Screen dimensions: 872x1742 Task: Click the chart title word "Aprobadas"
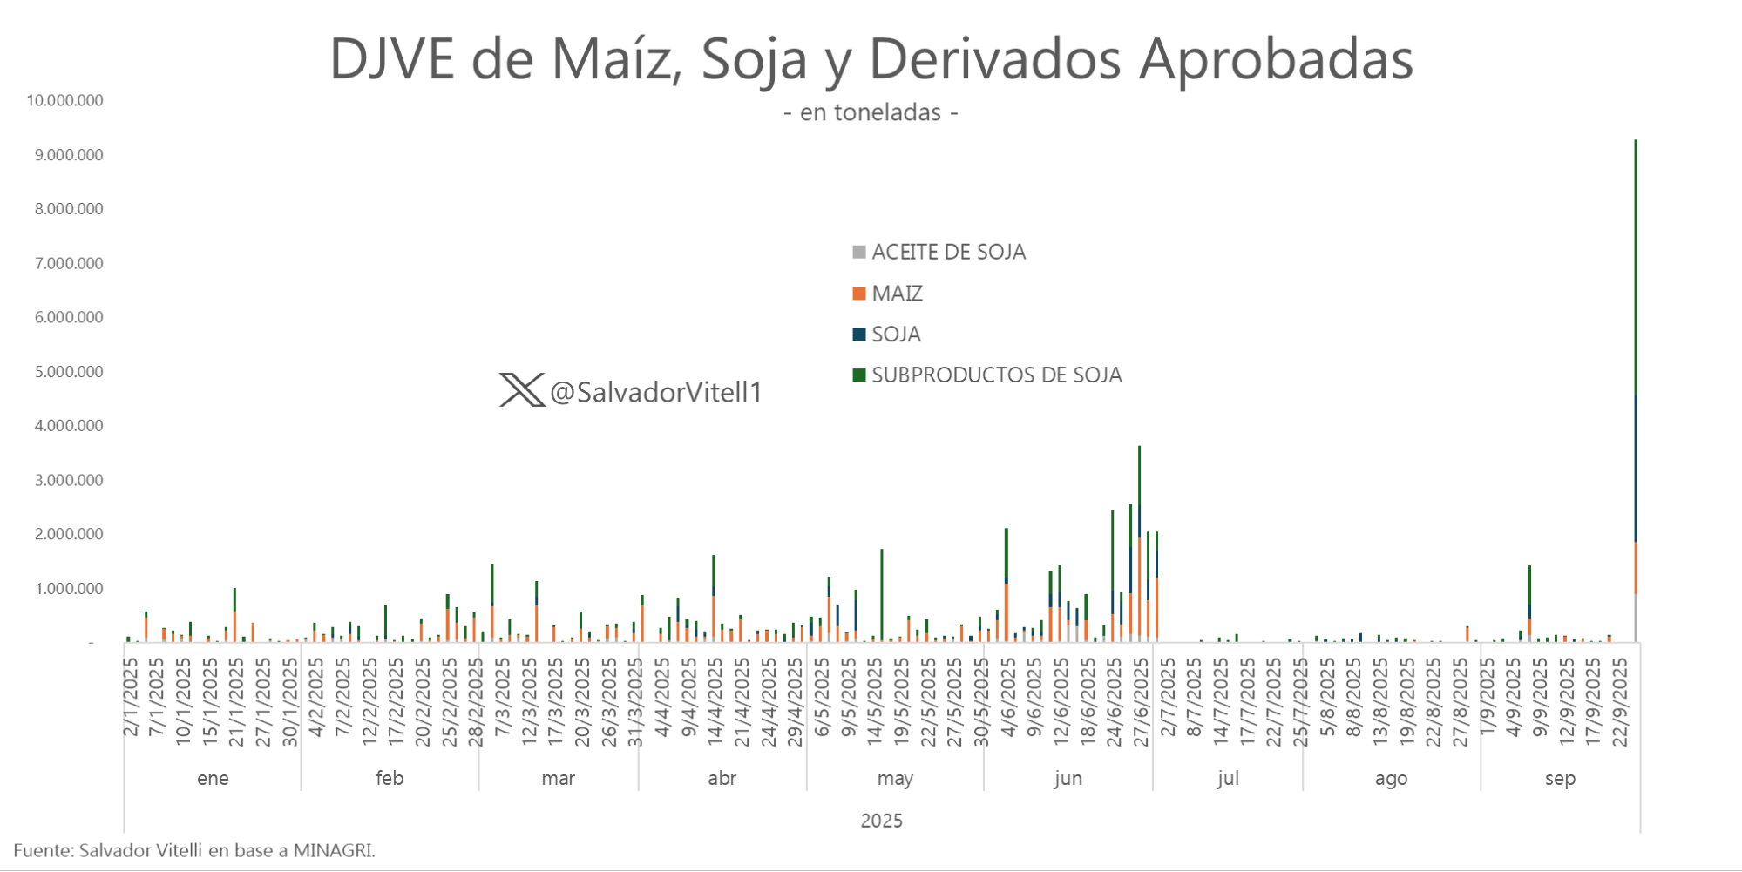click(1276, 59)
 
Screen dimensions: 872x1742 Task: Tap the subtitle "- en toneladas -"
click(871, 113)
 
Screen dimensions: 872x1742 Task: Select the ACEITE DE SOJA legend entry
click(939, 253)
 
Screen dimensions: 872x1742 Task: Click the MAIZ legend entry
click(888, 294)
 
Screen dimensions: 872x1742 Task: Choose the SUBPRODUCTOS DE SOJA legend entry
click(987, 375)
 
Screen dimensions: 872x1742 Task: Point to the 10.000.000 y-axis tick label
click(65, 100)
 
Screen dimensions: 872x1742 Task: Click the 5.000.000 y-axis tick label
click(70, 372)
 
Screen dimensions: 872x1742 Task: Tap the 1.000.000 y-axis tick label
click(70, 589)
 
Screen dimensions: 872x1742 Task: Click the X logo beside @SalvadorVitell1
click(521, 390)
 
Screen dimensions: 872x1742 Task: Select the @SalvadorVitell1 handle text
click(656, 393)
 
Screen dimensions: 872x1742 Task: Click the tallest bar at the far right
click(1636, 392)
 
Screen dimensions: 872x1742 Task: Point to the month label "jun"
click(1068, 778)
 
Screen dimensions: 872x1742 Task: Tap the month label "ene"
click(213, 778)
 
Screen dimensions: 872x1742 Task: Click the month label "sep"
click(1560, 778)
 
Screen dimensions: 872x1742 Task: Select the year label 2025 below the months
click(881, 821)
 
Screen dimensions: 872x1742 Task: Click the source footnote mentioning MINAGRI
click(194, 850)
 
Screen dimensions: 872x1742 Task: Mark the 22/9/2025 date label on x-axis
click(1621, 702)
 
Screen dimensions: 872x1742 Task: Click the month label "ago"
click(1391, 778)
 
